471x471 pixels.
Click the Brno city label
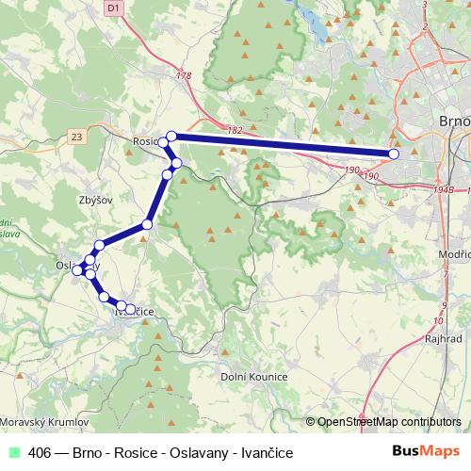(x=455, y=122)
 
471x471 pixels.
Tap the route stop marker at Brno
(x=394, y=154)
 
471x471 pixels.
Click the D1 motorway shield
(x=113, y=8)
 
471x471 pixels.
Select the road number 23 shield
(x=76, y=138)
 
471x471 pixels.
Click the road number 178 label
(x=185, y=76)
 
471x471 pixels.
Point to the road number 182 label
(x=235, y=129)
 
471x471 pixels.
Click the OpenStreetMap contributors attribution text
(x=389, y=422)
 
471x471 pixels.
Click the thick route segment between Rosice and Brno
(x=283, y=145)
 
